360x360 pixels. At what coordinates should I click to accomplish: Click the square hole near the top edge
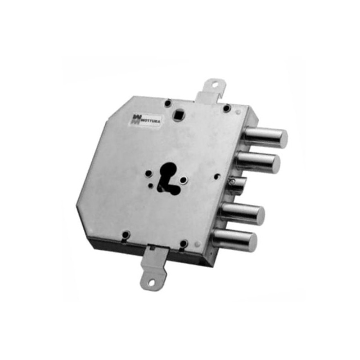pyautogui.click(x=178, y=114)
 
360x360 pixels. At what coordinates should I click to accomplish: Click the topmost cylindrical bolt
pyautogui.click(x=265, y=138)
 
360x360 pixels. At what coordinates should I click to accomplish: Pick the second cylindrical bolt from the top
pyautogui.click(x=258, y=162)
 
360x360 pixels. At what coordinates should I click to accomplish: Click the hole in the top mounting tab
pyautogui.click(x=215, y=85)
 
